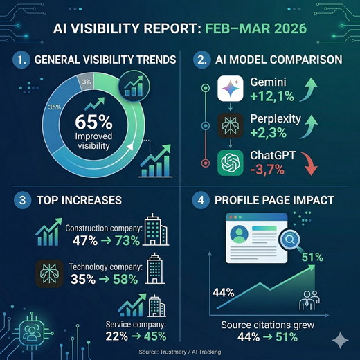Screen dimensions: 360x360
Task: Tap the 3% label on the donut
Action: [x=86, y=82]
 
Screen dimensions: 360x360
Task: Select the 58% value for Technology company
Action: [x=124, y=280]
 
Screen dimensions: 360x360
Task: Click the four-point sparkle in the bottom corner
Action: [x=339, y=340]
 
